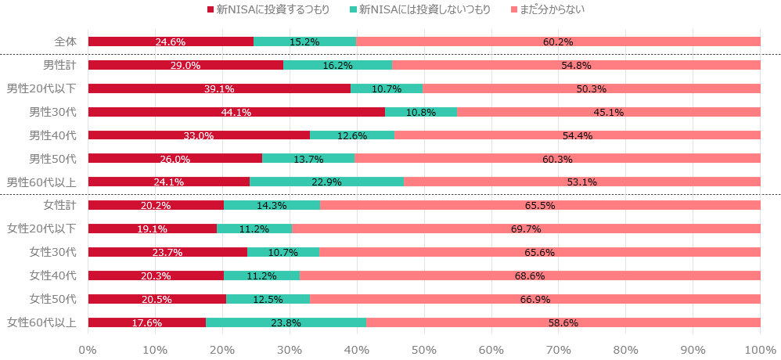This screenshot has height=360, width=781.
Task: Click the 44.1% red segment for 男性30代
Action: (x=236, y=112)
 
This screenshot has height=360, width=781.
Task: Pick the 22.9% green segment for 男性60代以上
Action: (x=326, y=182)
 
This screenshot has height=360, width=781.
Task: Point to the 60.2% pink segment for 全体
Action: (x=559, y=41)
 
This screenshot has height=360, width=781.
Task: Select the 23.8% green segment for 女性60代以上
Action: (x=286, y=322)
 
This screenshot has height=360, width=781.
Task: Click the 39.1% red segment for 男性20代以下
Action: (x=219, y=88)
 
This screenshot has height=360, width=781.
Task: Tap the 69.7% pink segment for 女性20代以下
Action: (x=526, y=229)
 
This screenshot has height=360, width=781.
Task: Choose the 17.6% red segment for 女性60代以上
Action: (x=147, y=322)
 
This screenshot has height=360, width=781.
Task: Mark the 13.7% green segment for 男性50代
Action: (x=308, y=159)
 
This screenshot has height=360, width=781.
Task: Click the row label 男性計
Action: (x=59, y=65)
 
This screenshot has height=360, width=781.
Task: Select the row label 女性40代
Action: (x=52, y=275)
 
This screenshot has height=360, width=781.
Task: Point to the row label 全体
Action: (x=65, y=41)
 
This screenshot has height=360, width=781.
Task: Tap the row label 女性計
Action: (x=59, y=206)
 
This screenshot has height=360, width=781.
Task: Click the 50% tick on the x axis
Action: (x=424, y=348)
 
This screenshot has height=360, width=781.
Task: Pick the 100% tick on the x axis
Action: (x=760, y=348)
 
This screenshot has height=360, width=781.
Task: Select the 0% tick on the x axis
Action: (x=88, y=348)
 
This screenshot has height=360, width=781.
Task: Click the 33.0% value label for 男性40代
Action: (x=199, y=136)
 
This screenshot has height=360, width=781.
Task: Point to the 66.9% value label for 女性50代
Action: (x=535, y=300)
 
